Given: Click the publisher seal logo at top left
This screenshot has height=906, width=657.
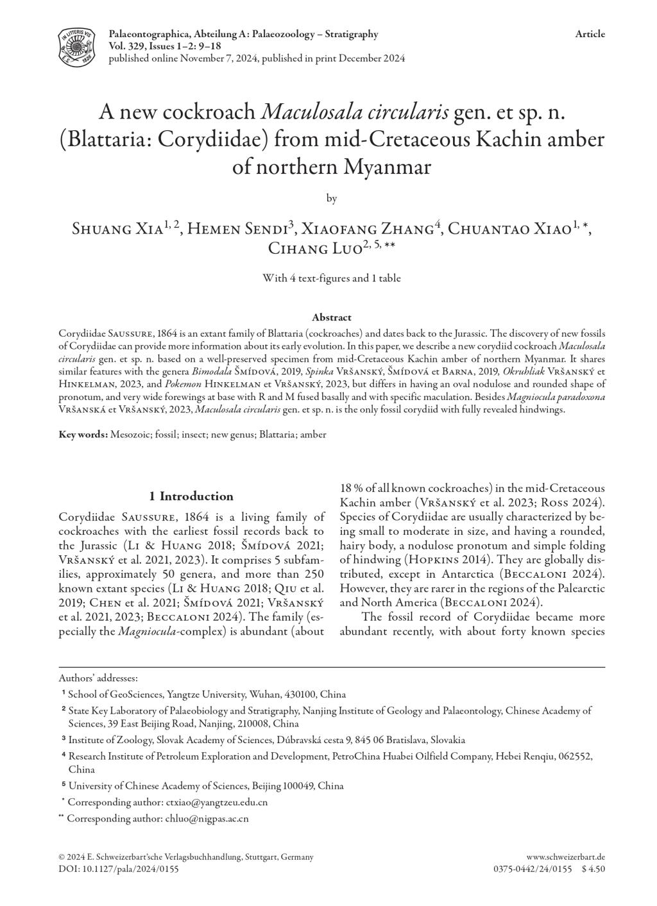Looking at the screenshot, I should pyautogui.click(x=76, y=46).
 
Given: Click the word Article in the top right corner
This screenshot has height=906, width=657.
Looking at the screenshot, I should pyautogui.click(x=590, y=35).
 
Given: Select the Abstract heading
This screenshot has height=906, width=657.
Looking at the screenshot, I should pyautogui.click(x=331, y=317).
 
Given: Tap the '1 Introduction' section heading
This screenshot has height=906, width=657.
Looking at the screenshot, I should pyautogui.click(x=191, y=496).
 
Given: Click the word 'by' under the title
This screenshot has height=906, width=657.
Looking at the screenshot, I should pyautogui.click(x=331, y=199).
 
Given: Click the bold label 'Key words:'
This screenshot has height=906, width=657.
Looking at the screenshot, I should pyautogui.click(x=83, y=435).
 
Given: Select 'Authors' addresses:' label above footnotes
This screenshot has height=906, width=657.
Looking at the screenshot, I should pyautogui.click(x=98, y=678).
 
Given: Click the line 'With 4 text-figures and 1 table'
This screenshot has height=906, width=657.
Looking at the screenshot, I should pyautogui.click(x=331, y=278).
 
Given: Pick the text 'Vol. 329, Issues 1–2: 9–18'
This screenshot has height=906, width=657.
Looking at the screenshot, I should pyautogui.click(x=165, y=46).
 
